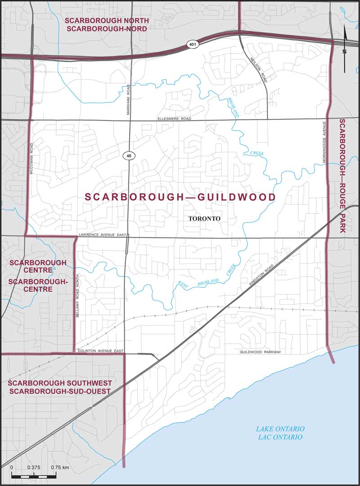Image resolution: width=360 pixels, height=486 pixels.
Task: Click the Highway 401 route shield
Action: pyautogui.click(x=192, y=44)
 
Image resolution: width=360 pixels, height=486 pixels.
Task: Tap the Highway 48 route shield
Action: pyautogui.click(x=129, y=156)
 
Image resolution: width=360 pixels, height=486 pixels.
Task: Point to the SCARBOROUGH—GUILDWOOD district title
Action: pyautogui.click(x=180, y=197)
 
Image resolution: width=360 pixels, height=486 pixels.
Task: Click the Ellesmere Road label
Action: pyautogui.click(x=175, y=118)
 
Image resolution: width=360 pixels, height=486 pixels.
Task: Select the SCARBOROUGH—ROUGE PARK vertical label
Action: pyautogui.click(x=343, y=176)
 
